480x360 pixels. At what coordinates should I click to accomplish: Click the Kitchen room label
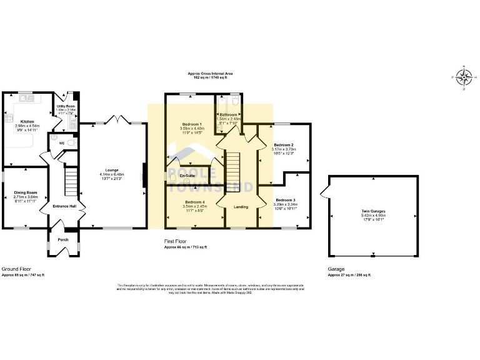click(27, 121)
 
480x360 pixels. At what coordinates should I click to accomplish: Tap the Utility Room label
click(66, 107)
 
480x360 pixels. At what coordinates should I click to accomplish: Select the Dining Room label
click(26, 192)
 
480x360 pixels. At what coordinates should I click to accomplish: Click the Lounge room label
click(112, 170)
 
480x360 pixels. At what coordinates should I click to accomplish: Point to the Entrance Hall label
click(64, 206)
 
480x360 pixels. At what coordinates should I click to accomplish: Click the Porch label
click(63, 239)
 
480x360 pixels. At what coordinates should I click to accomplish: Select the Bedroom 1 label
click(192, 124)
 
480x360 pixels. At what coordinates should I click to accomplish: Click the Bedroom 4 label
click(195, 202)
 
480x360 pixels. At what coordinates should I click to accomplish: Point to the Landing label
click(241, 207)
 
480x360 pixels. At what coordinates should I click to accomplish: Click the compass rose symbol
click(463, 77)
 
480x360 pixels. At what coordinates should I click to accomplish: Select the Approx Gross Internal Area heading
click(209, 74)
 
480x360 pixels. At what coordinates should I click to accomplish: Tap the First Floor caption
click(176, 241)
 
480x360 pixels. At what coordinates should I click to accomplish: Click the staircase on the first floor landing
click(232, 166)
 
